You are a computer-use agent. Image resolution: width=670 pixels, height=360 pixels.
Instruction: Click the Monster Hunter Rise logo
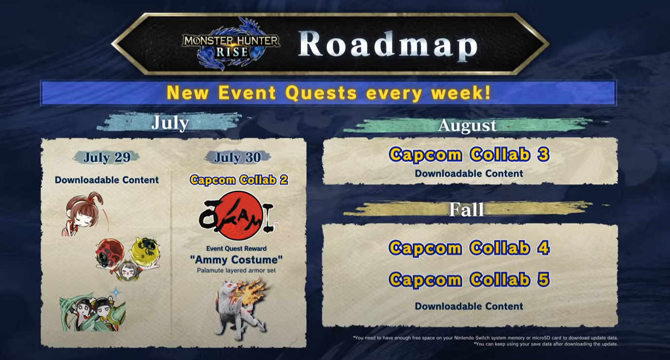pyautogui.click(x=230, y=43)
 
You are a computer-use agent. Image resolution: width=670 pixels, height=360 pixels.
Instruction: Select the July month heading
pyautogui.click(x=170, y=122)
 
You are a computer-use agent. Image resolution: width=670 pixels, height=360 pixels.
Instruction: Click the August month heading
pyautogui.click(x=467, y=125)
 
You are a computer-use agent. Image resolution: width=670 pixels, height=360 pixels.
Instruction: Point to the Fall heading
pyautogui.click(x=466, y=210)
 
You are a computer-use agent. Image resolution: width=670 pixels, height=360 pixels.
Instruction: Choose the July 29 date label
pyautogui.click(x=107, y=157)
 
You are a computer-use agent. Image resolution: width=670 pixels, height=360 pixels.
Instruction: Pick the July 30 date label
pyautogui.click(x=238, y=157)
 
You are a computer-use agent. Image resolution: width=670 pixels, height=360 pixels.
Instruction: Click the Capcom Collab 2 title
pyautogui.click(x=239, y=180)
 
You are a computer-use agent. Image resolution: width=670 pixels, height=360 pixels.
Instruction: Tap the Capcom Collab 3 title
pyautogui.click(x=469, y=154)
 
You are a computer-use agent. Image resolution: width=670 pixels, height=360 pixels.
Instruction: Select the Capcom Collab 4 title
pyautogui.click(x=469, y=248)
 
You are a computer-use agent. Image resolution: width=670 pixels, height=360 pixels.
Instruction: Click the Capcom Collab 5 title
pyautogui.click(x=469, y=280)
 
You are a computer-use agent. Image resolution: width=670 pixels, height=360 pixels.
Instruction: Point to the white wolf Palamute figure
pyautogui.click(x=239, y=310)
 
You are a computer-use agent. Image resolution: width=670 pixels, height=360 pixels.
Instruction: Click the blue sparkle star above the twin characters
pyautogui.click(x=115, y=292)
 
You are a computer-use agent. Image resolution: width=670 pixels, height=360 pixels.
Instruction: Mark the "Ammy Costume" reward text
pyautogui.click(x=236, y=260)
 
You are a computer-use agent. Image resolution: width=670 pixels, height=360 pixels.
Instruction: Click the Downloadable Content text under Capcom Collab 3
pyautogui.click(x=469, y=173)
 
